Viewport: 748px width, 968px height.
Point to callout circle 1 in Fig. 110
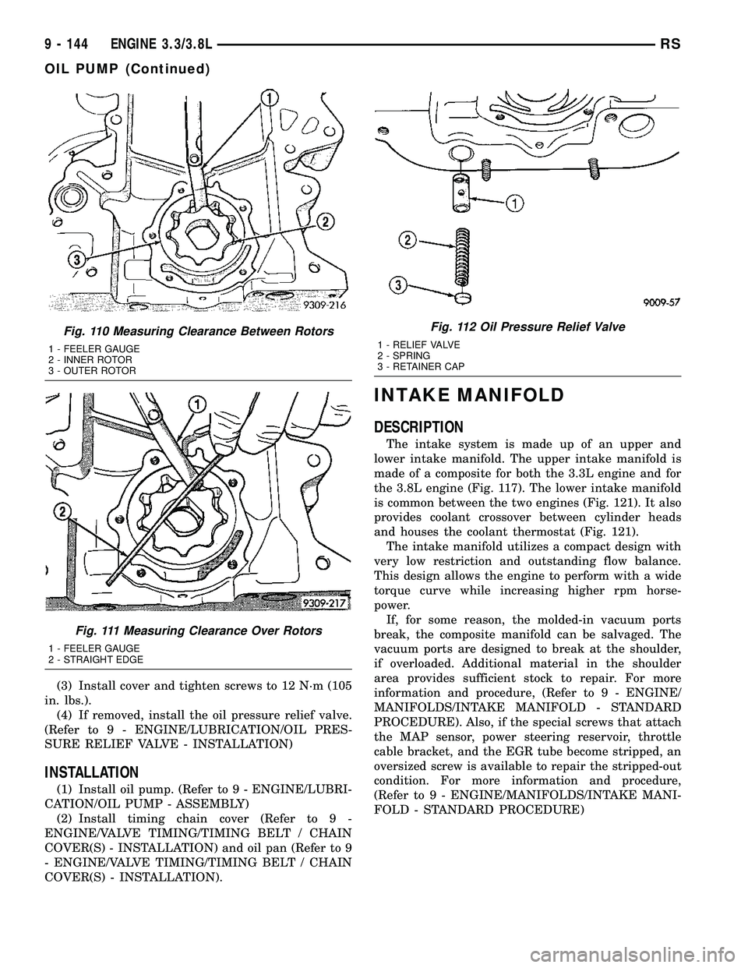(269, 99)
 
